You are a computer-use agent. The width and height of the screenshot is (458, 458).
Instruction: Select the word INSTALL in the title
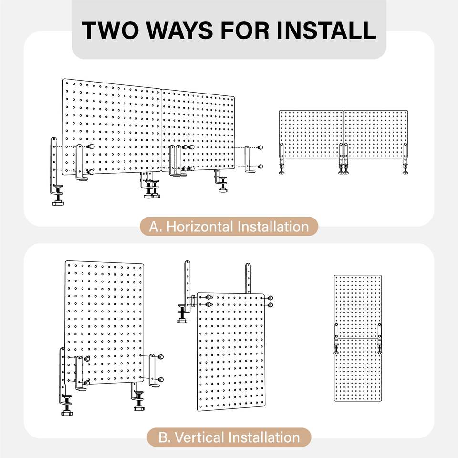point(326,31)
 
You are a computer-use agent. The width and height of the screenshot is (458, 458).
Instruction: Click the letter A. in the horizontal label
point(155,227)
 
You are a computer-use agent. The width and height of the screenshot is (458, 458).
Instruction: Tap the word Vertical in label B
point(199,437)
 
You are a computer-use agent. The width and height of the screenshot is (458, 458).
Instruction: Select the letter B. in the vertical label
point(165,438)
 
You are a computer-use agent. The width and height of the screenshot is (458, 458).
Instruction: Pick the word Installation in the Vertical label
point(264,437)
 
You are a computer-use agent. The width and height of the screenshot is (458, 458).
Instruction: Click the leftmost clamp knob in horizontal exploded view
point(58,202)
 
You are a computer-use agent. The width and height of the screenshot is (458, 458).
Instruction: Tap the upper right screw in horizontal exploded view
point(260,147)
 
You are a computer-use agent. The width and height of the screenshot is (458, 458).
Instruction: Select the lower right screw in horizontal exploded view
point(260,167)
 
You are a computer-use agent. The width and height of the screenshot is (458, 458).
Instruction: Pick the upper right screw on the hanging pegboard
point(271,298)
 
